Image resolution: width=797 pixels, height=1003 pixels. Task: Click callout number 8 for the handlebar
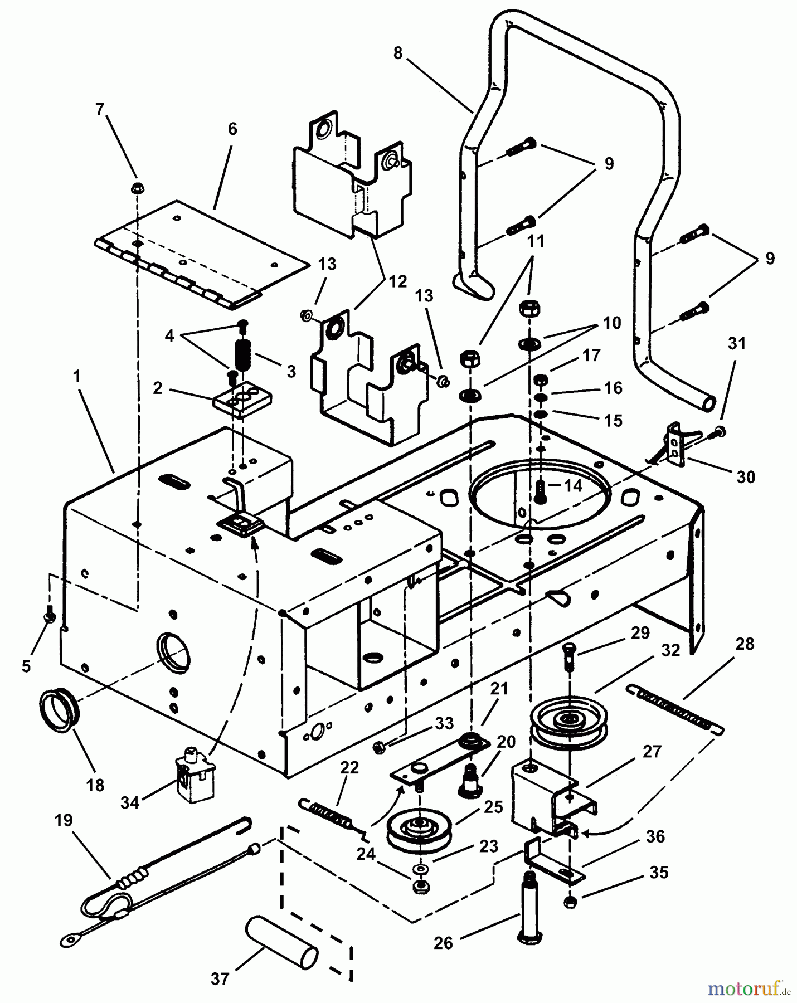click(397, 53)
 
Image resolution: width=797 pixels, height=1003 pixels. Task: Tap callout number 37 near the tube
click(220, 978)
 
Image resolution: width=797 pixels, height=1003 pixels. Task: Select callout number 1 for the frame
click(77, 377)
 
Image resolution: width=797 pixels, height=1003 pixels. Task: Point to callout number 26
click(444, 943)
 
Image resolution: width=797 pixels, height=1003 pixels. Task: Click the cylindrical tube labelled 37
click(281, 946)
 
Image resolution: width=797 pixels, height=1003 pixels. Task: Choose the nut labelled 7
click(136, 188)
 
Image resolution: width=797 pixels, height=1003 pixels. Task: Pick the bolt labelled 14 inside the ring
click(540, 490)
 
